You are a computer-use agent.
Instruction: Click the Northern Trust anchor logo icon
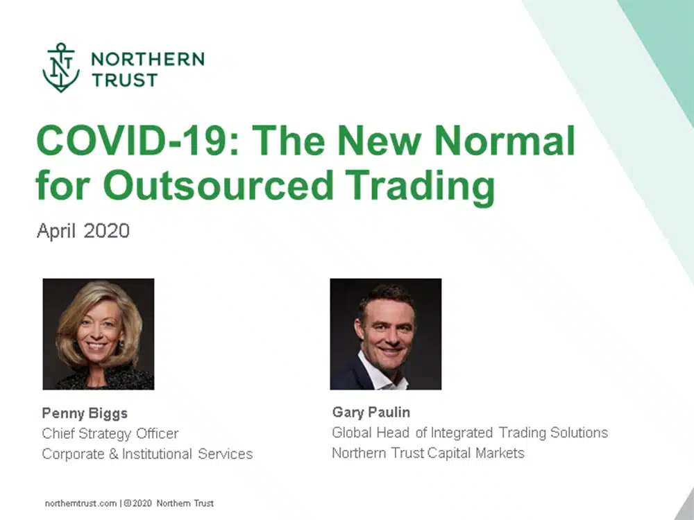61,68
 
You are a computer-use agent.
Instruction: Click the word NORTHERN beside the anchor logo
148,59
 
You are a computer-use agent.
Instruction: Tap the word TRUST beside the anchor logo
124,80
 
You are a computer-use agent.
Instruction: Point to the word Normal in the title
505,141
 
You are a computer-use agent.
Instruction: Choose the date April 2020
83,232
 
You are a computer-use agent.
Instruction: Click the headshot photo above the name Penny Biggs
99,334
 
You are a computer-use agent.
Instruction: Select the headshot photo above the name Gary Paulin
385,334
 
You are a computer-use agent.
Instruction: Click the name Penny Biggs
85,413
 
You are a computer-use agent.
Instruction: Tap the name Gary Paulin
371,412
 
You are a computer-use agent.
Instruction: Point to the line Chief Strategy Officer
110,434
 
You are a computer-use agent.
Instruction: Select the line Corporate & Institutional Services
147,454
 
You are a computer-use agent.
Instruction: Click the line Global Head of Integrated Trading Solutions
470,433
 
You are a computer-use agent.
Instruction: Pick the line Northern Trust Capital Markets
428,453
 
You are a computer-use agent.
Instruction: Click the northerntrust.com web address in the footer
81,503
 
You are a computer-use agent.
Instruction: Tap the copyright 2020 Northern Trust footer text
169,503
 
